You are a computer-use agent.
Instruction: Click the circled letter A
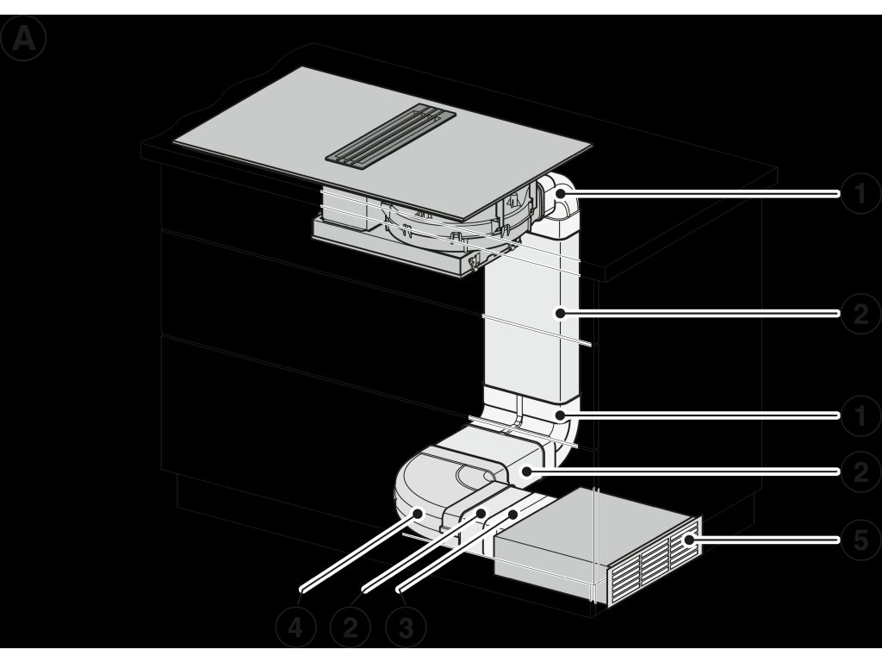[23, 38]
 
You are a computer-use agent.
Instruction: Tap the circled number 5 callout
[860, 540]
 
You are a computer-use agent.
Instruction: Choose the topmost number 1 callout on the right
[860, 194]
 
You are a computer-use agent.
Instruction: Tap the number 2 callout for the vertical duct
[860, 314]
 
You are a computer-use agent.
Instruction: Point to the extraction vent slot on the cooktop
[390, 135]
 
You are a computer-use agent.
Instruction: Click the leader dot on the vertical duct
[560, 313]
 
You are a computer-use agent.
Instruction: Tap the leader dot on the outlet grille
[688, 540]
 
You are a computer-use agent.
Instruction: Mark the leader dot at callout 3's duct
[513, 514]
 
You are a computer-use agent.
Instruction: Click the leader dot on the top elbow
[562, 194]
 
